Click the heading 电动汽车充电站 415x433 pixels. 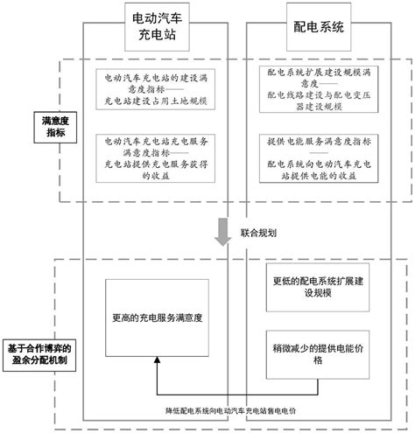pos(157,29)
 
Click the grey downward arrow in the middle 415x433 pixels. pos(224,233)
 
